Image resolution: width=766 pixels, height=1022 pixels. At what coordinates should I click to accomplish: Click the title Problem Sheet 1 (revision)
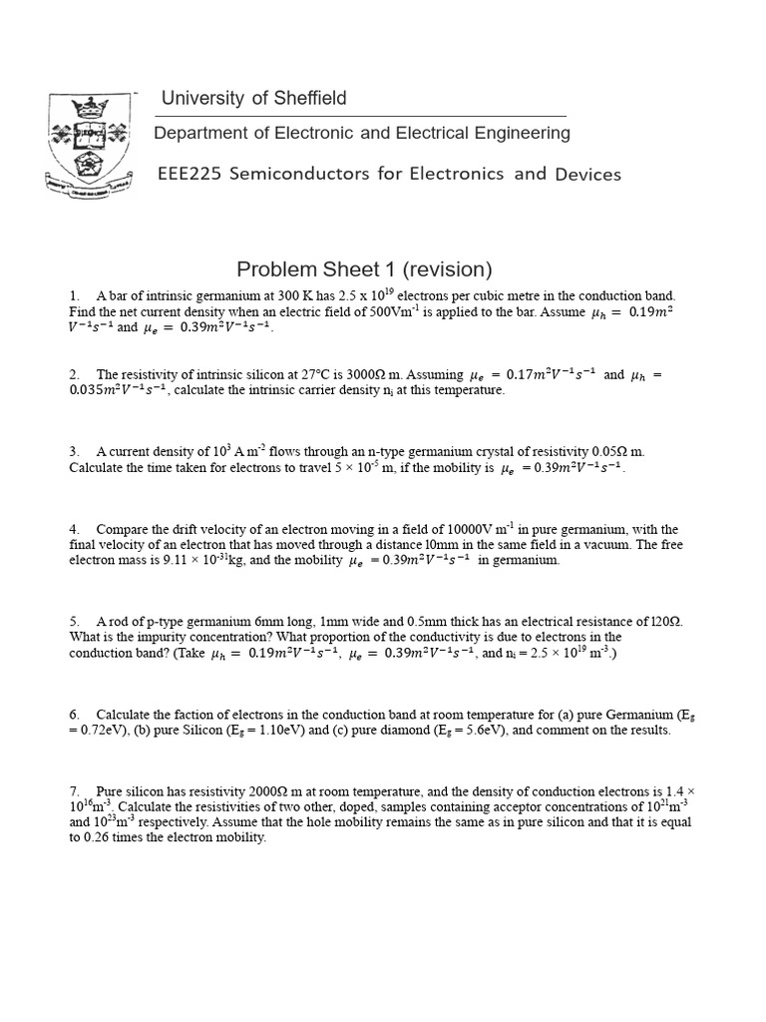364,269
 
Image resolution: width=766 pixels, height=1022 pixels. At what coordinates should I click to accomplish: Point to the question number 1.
74,295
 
